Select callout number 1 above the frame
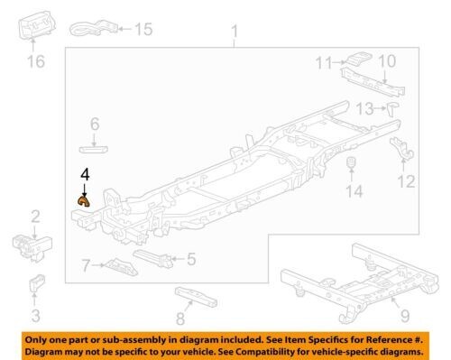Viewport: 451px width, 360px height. tap(235, 35)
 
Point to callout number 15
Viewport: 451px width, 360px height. tap(143, 29)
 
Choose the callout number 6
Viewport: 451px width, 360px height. tap(93, 123)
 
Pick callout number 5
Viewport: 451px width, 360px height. tap(191, 259)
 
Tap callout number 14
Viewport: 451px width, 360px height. tap(354, 191)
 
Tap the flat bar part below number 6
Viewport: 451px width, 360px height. tap(93, 142)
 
